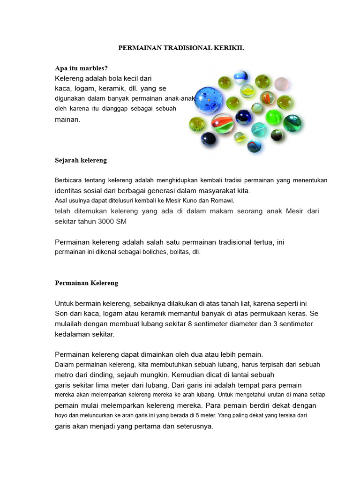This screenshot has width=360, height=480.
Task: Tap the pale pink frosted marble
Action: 281,84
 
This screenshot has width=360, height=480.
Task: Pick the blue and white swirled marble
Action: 240,76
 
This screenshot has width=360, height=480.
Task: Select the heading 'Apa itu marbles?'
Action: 81,68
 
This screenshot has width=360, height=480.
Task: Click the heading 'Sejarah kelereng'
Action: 81,160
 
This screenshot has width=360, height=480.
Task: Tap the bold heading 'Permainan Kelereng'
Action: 87,283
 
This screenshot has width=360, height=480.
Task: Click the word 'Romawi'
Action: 223,201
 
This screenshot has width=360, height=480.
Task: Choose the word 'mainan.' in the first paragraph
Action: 68,120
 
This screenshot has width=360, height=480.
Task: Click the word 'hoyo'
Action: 62,415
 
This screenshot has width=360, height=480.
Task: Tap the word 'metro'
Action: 65,375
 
